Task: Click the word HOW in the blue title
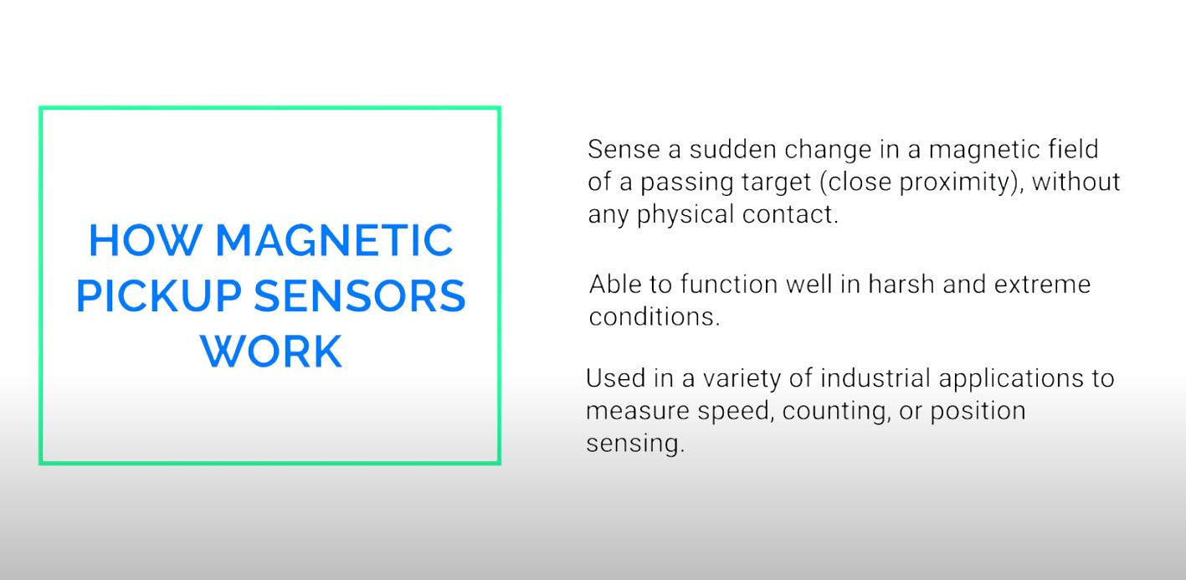145,240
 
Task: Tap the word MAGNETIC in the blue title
334,240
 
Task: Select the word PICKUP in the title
159,295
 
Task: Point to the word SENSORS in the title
360,295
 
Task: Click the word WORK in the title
271,352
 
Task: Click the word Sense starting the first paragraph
624,149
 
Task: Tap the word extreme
1042,285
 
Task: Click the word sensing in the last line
633,444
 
